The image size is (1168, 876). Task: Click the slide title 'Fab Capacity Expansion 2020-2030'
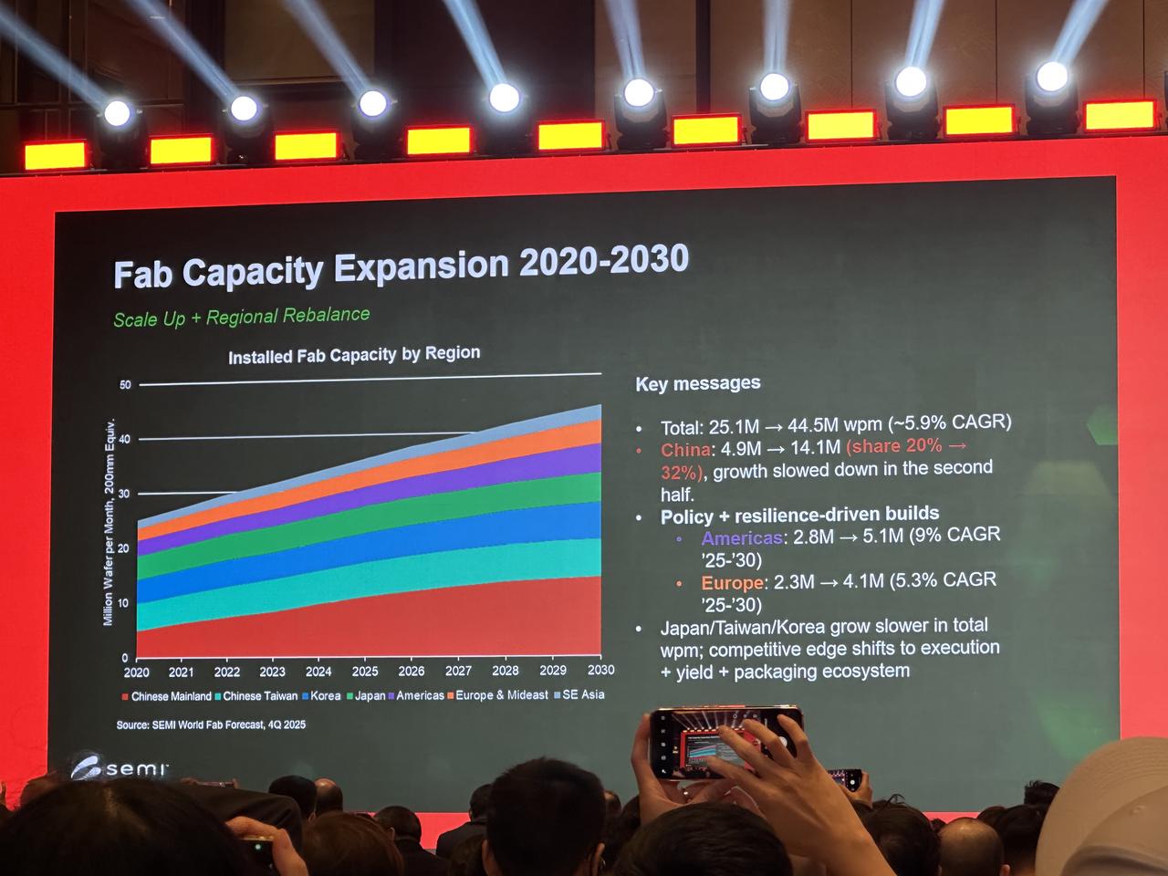tap(401, 266)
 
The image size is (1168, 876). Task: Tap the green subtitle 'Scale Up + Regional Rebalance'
tap(242, 317)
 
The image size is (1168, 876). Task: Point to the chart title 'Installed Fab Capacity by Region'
tap(354, 354)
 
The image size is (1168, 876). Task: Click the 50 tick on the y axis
tap(125, 385)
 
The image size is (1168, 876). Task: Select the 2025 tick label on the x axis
tap(365, 672)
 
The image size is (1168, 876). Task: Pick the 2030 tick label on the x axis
tap(600, 670)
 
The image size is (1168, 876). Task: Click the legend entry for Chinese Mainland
tap(167, 696)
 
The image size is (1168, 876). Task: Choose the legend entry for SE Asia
tap(579, 694)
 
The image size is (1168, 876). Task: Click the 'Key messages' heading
tap(698, 384)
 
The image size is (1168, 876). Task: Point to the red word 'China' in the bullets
tap(685, 450)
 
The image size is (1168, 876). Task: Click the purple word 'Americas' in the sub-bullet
tap(742, 538)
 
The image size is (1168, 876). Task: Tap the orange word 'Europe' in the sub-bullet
tap(732, 583)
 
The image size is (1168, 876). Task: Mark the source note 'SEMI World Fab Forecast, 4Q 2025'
tap(211, 725)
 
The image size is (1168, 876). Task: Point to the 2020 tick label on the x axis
tap(137, 673)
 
